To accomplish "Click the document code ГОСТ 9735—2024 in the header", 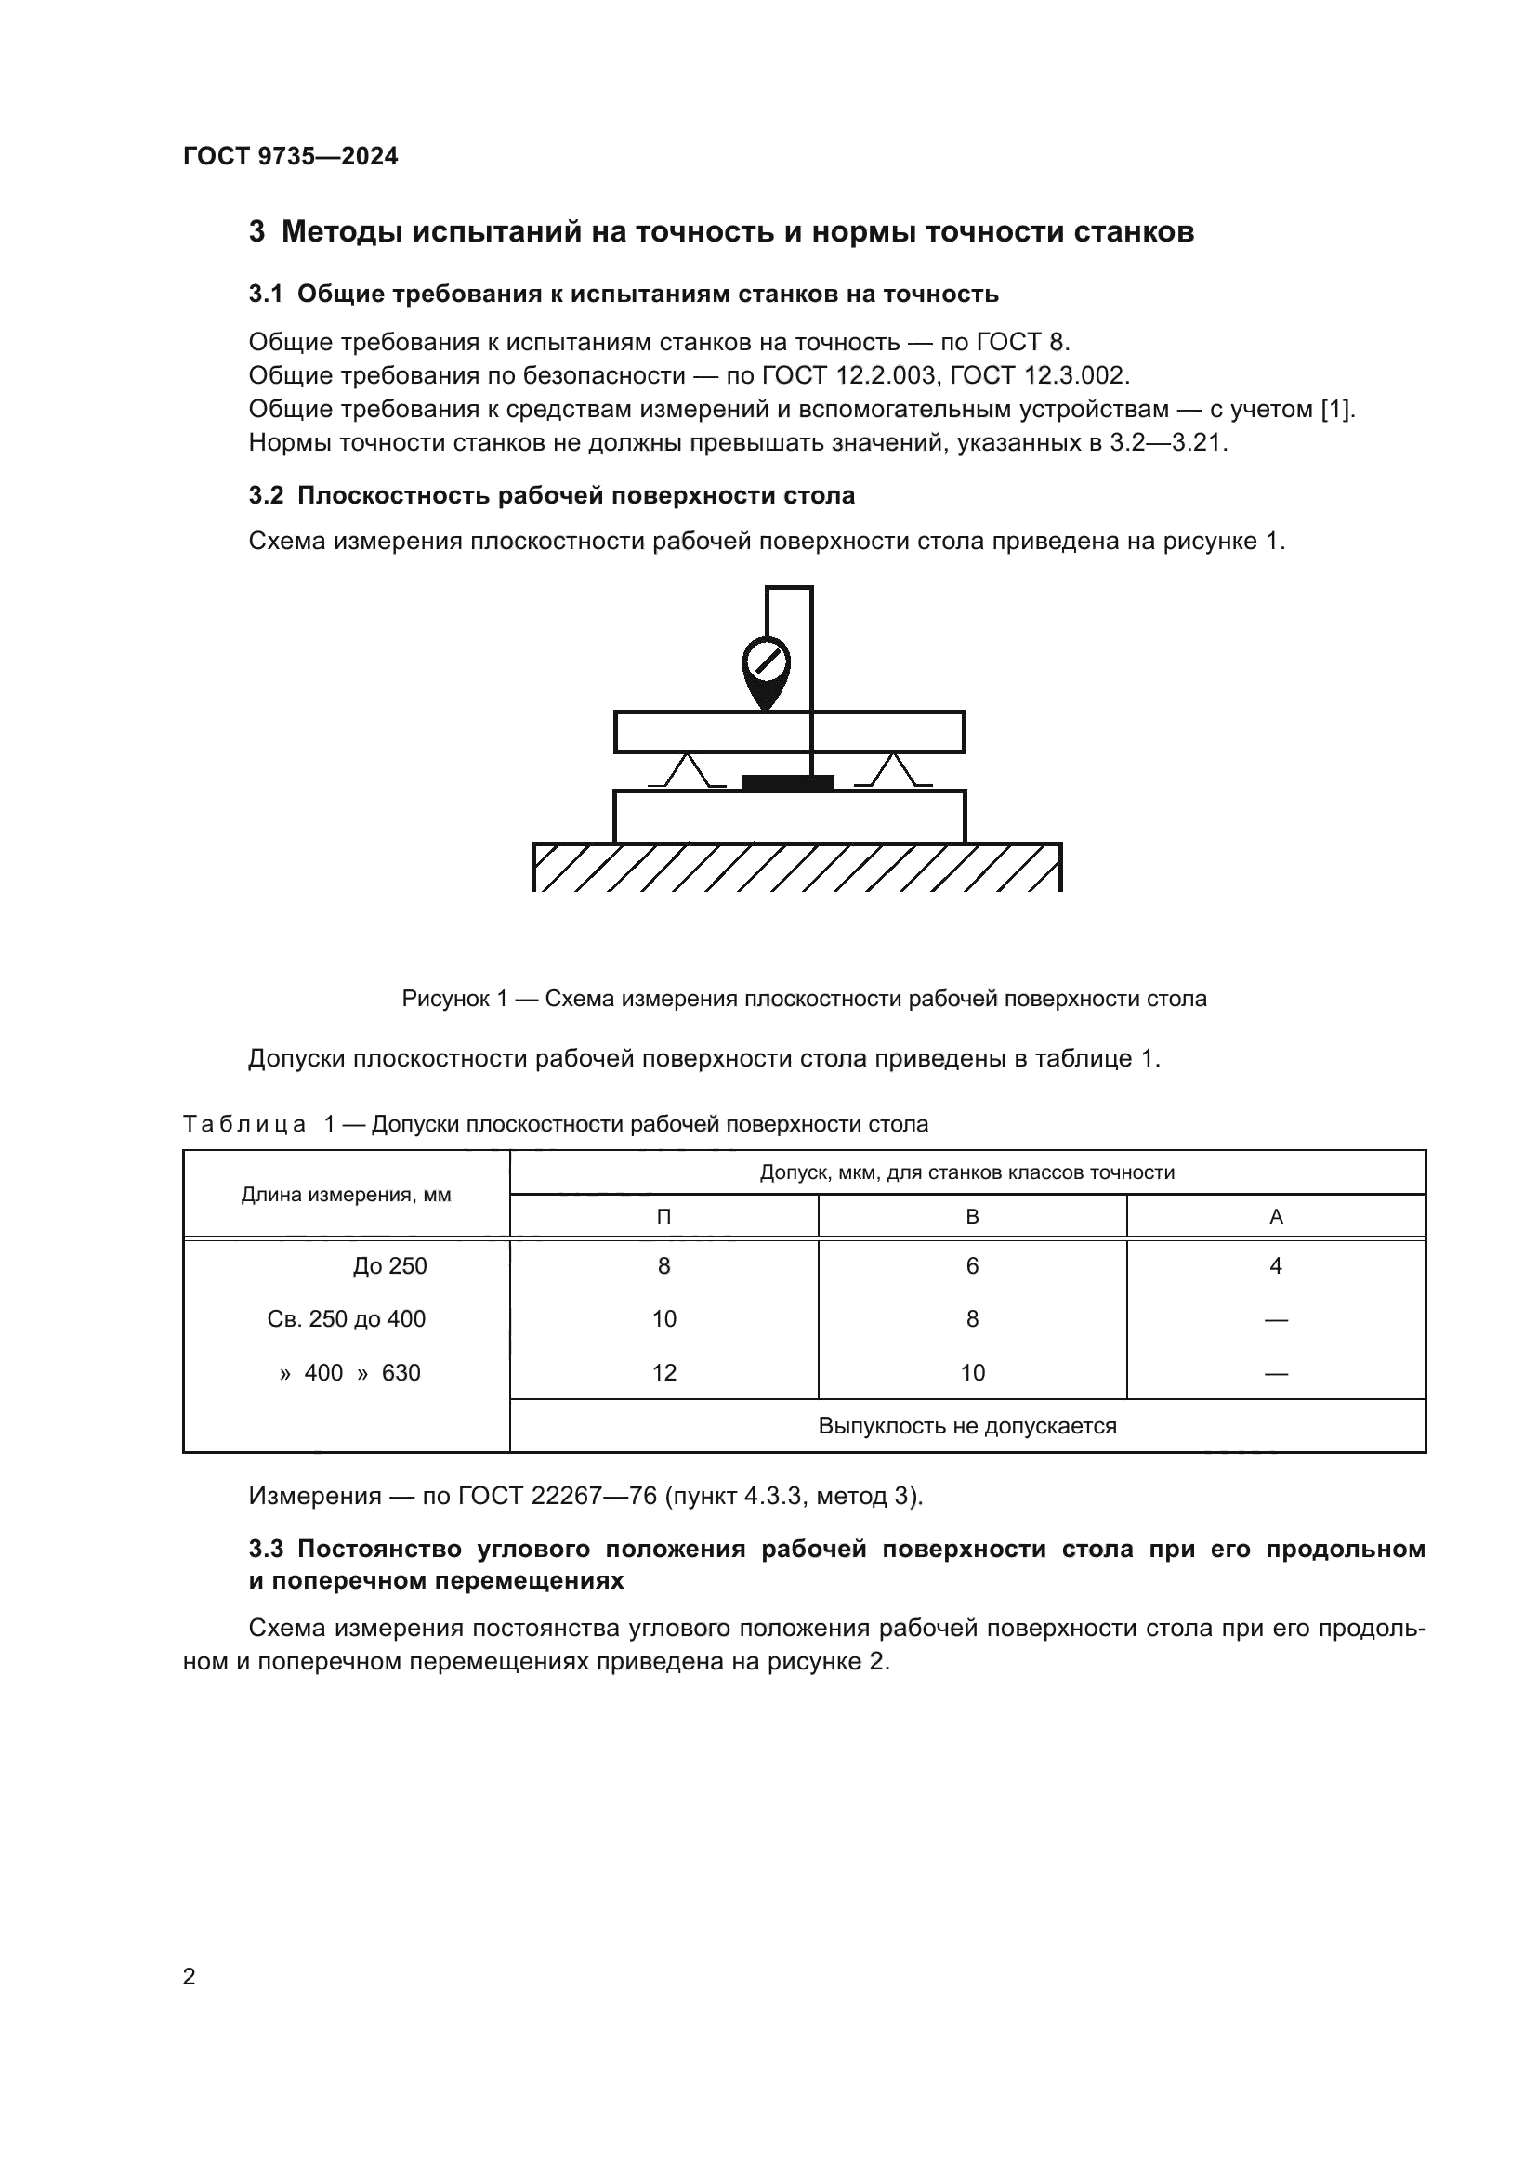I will [x=291, y=156].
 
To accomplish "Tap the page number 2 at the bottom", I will [x=190, y=1976].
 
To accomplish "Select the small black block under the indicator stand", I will [x=787, y=782].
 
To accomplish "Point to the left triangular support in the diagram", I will [x=688, y=770].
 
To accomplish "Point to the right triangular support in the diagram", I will [x=893, y=770].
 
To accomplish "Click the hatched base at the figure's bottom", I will [x=796, y=867].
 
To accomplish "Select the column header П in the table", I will [x=663, y=1216].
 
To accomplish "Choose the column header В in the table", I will [x=972, y=1216].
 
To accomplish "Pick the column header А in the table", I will [x=1276, y=1216].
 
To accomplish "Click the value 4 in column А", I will [x=1276, y=1265].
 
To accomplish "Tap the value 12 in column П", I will [x=663, y=1372].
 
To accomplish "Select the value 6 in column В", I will [x=972, y=1265].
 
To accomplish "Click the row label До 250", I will [x=390, y=1265].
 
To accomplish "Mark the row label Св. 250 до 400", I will [x=347, y=1318].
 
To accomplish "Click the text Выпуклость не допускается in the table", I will [x=967, y=1425].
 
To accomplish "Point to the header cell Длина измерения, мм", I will [x=347, y=1195].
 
